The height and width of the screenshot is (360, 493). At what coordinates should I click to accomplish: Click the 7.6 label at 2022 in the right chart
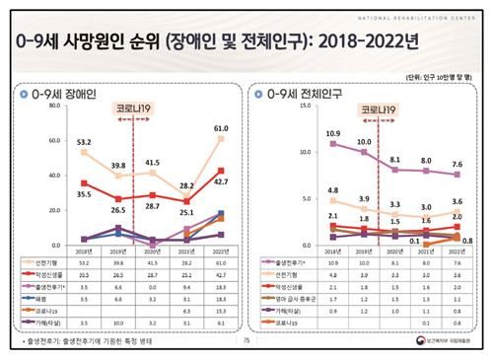coord(457,165)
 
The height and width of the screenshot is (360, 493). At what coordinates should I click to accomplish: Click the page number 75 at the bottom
coord(246,341)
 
